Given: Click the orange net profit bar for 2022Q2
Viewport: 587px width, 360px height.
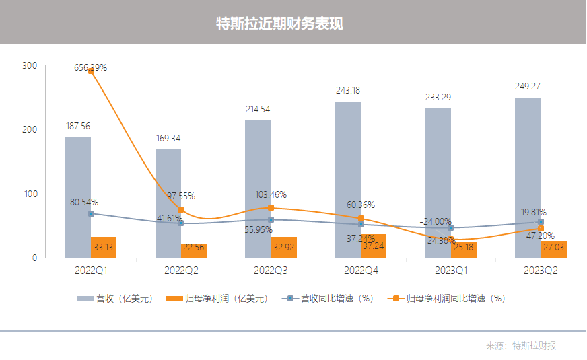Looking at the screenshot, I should tap(194, 250).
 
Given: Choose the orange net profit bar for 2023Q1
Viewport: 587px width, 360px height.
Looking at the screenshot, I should tap(464, 250).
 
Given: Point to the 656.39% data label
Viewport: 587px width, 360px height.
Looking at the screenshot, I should tap(90, 68).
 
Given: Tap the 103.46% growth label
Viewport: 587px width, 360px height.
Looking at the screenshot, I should tap(270, 195).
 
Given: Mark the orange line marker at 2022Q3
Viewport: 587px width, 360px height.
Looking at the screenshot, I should tap(271, 208).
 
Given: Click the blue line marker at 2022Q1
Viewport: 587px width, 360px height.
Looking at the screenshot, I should tap(91, 213).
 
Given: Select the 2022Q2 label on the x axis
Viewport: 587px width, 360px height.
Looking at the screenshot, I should tap(180, 270).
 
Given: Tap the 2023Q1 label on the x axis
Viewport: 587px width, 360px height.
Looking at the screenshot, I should tap(451, 270).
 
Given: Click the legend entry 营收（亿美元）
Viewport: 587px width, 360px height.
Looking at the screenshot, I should tap(113, 298).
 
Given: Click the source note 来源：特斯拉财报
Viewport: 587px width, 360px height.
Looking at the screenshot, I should tap(521, 345).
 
